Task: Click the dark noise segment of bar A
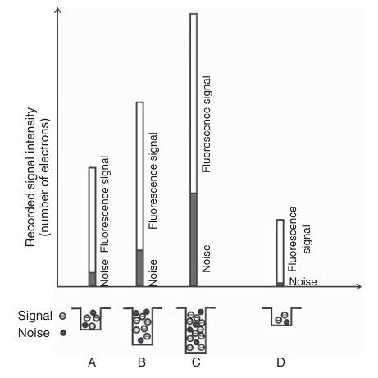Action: tap(93, 279)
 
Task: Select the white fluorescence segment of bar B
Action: tap(140, 176)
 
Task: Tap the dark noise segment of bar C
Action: tap(194, 239)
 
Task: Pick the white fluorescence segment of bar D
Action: tap(280, 251)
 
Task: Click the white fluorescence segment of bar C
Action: tap(194, 103)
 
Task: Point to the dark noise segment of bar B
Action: tap(140, 268)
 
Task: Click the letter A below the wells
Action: tap(92, 362)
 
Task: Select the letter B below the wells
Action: tap(142, 362)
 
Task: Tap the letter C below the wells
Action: tap(196, 362)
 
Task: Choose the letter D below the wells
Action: tap(280, 362)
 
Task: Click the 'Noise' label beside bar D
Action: tap(303, 282)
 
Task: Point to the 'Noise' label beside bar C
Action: tap(206, 258)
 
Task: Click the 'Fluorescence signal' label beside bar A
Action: tap(105, 204)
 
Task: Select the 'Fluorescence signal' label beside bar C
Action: tap(207, 124)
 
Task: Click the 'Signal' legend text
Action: tap(35, 316)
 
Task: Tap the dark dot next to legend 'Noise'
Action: tap(63, 333)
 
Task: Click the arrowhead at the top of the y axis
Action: tap(57, 10)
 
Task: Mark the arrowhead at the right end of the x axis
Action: tap(358, 286)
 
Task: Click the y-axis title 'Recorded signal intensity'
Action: tap(30, 177)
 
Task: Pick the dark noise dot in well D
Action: tap(286, 322)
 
